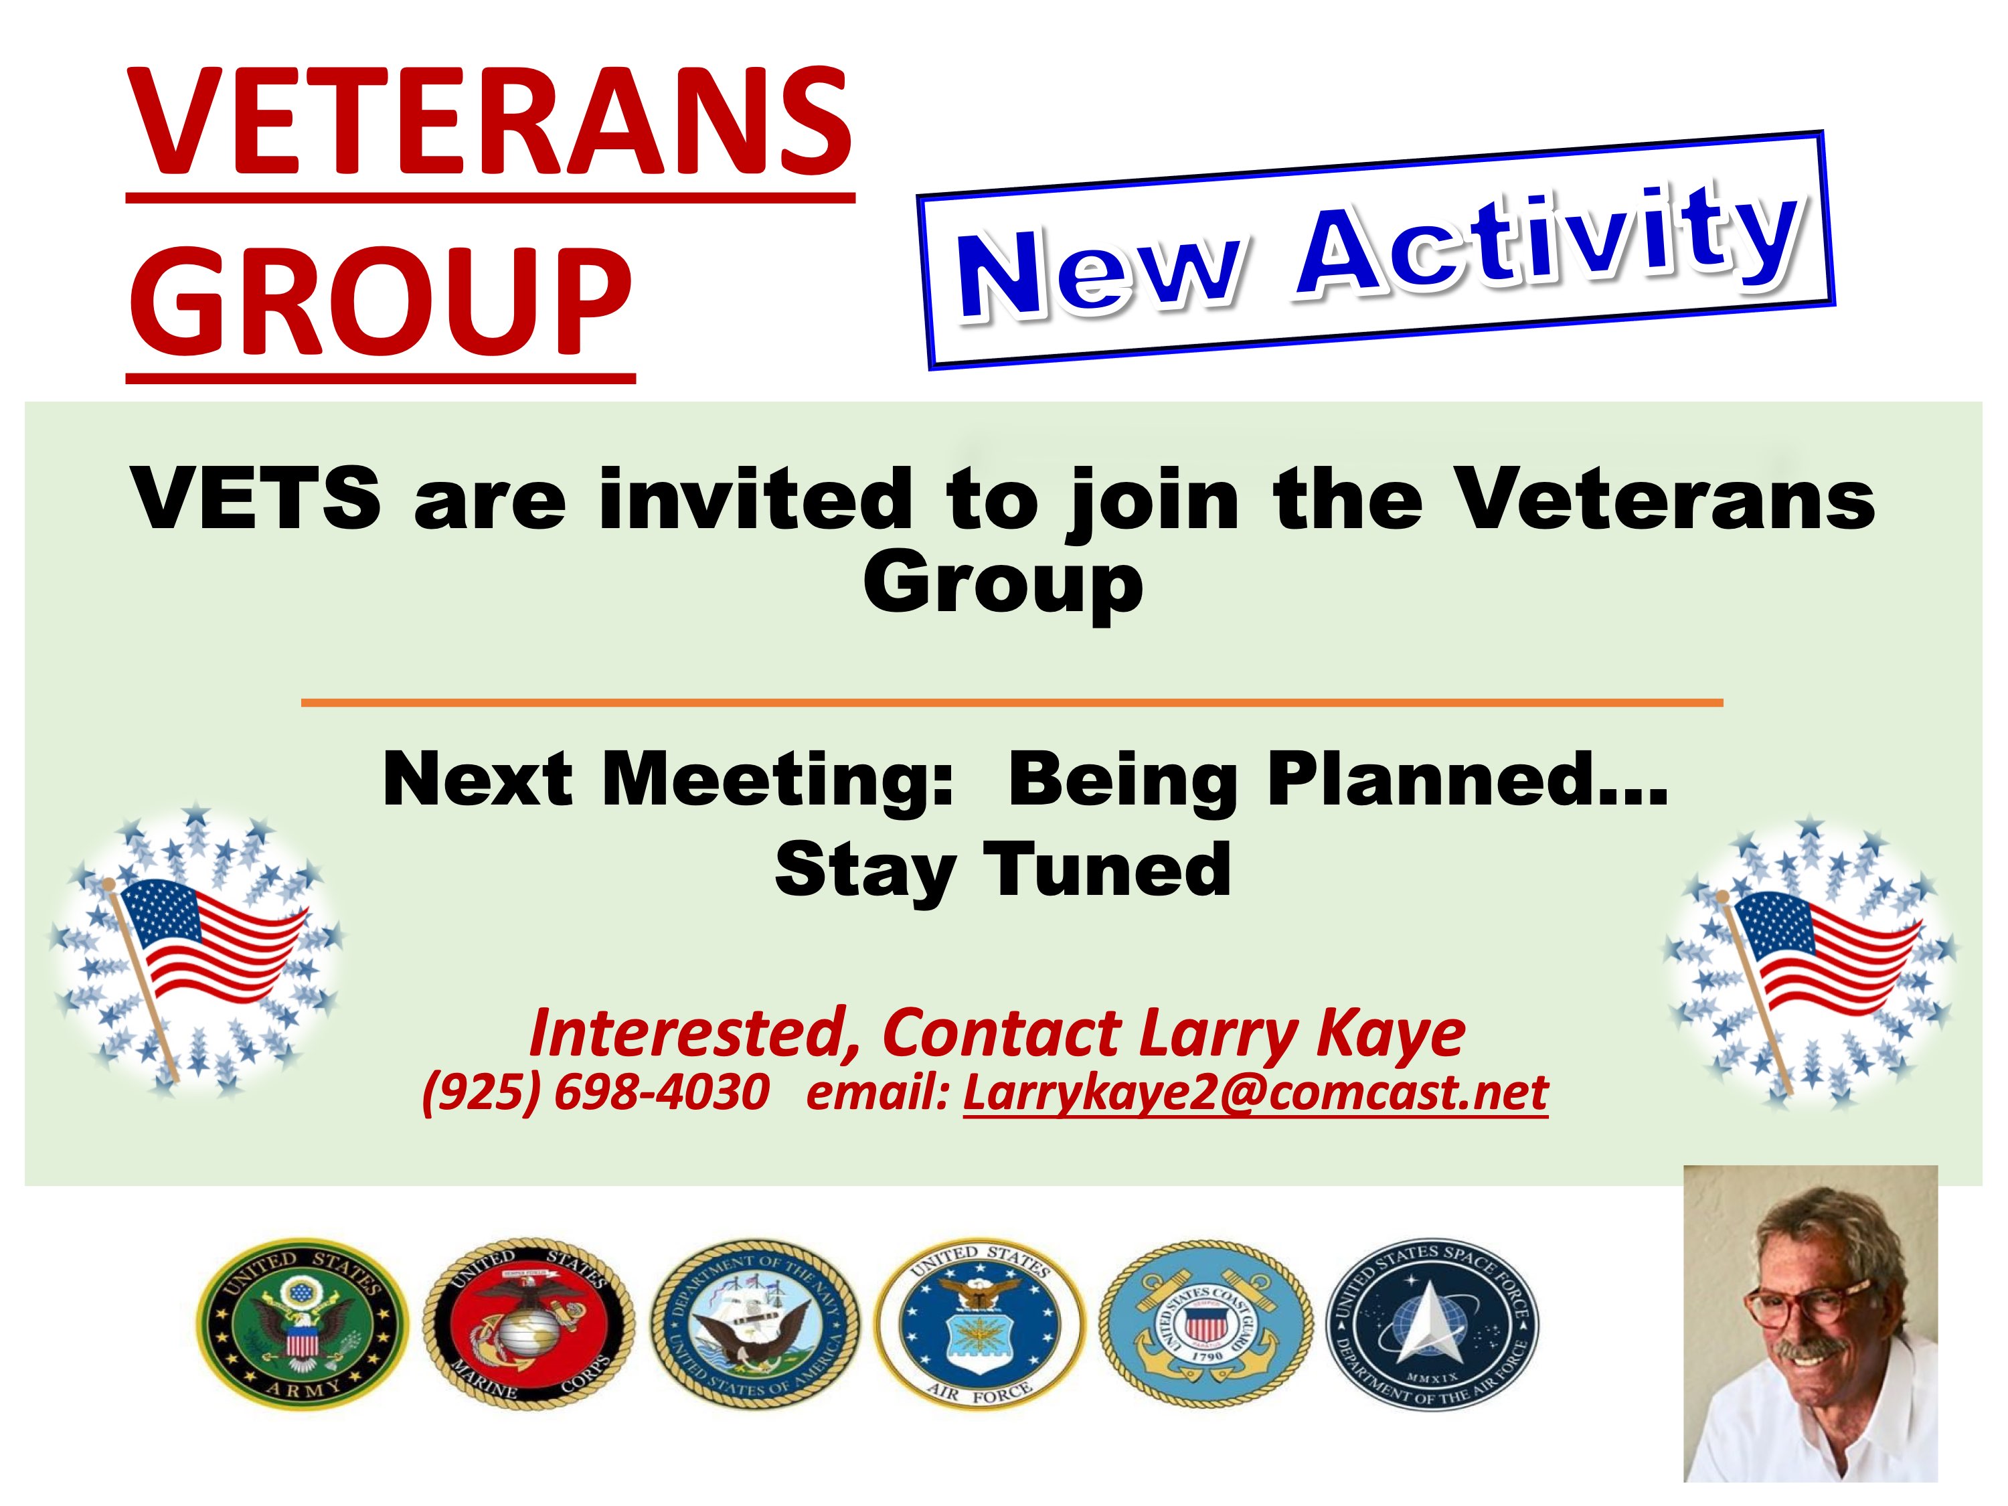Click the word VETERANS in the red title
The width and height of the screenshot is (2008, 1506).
[490, 122]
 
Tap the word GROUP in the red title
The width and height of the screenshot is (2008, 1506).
[382, 303]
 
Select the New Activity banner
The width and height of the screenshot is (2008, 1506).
[1375, 250]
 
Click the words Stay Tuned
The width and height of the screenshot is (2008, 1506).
[1003, 869]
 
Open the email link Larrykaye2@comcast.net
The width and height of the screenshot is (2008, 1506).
[1256, 1092]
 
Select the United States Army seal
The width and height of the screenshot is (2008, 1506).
[303, 1325]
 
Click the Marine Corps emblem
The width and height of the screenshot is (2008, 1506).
[528, 1325]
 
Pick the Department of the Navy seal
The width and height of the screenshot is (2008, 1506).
[755, 1325]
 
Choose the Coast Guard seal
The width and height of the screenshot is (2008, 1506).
[1206, 1325]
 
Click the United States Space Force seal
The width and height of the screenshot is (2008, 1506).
[1432, 1325]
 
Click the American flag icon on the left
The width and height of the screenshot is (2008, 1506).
[196, 948]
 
